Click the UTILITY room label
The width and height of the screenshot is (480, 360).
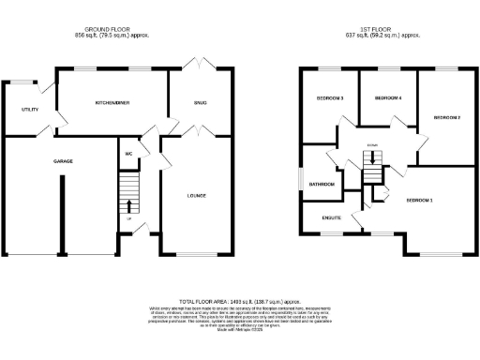29,110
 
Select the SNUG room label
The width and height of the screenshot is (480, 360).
201,101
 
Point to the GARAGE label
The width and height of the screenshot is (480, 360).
62,161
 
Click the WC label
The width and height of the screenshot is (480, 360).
127,153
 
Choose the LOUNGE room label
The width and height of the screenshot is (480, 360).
197,196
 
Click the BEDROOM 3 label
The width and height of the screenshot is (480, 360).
329,98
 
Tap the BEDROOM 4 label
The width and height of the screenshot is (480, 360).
388,98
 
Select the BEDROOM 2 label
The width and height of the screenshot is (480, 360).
447,117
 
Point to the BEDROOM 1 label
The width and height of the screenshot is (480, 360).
419,201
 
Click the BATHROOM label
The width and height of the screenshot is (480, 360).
322,185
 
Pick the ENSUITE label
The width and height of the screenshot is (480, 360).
331,218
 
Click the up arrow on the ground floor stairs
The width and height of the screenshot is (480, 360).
128,206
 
